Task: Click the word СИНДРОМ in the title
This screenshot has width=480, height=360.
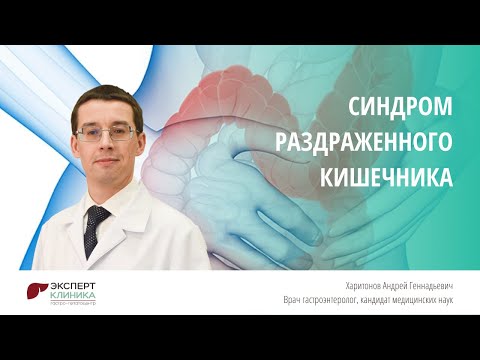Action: pyautogui.click(x=397, y=106)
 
